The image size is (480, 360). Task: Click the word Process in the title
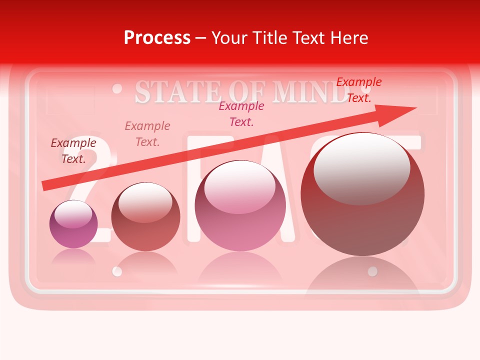click(157, 38)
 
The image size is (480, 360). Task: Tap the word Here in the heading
click(349, 38)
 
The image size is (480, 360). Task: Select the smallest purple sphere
click(73, 224)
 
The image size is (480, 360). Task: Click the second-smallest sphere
click(145, 217)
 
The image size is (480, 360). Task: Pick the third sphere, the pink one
click(240, 205)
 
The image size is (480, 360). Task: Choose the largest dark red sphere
click(362, 194)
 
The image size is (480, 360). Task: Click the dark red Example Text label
click(73, 151)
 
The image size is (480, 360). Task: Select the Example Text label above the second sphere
click(147, 134)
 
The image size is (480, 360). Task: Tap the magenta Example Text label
click(241, 114)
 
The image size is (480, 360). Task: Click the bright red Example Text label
click(359, 90)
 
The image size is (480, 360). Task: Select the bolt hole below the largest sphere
click(372, 271)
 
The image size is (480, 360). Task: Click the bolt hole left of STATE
click(117, 88)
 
